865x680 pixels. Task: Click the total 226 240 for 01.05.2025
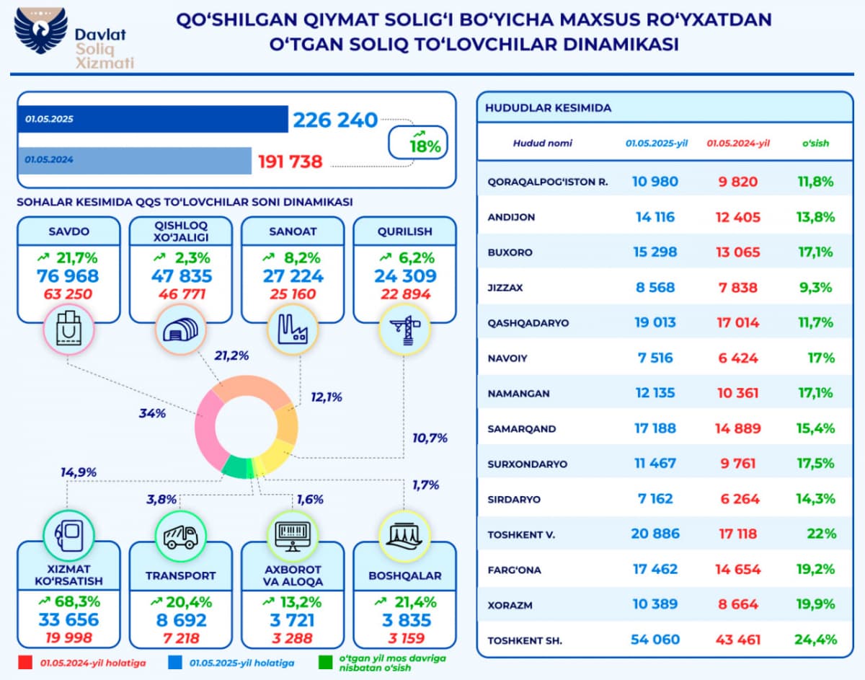335,120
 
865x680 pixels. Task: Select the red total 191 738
290,162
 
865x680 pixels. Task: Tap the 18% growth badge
419,142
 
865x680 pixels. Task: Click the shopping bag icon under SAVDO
68,329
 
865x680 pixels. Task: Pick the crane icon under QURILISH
404,329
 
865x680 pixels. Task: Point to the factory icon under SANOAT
293,329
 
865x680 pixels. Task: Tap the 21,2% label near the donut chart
232,355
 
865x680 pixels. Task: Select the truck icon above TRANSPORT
181,534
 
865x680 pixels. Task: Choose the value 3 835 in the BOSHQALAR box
404,620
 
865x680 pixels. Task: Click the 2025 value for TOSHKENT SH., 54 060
655,640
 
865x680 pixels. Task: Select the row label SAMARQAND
522,428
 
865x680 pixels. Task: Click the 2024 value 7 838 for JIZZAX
737,287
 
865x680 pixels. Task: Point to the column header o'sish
816,143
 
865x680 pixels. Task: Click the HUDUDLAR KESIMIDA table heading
548,108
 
